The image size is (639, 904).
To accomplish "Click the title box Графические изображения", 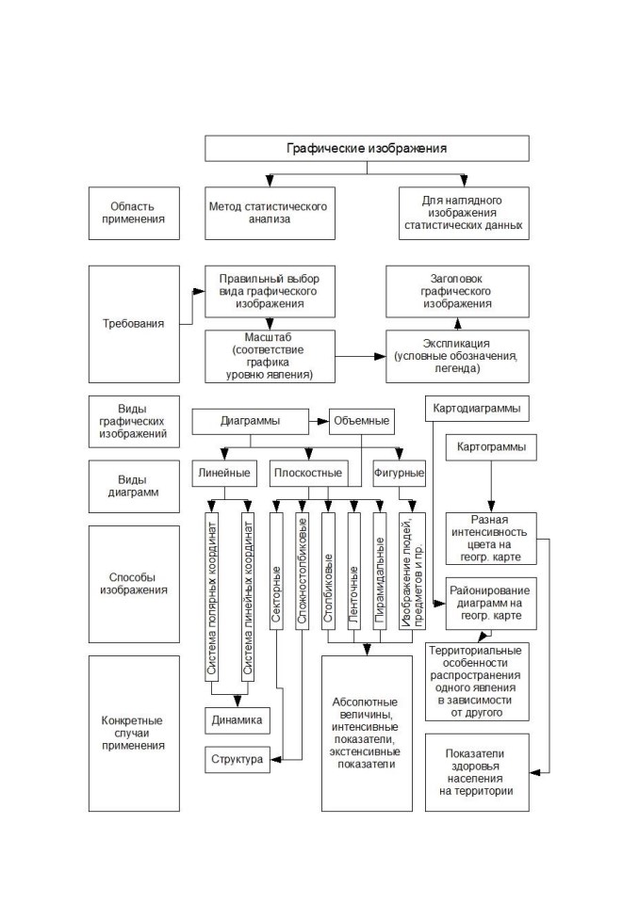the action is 367,148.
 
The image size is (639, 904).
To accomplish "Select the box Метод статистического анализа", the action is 270,213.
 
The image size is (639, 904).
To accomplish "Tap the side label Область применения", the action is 134,213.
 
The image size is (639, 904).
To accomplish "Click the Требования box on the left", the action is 134,323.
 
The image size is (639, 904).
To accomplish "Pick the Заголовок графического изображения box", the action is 457,291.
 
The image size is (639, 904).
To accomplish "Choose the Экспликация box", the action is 457,356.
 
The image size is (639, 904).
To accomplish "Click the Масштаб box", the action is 270,356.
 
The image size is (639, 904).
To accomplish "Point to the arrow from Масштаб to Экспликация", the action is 361,356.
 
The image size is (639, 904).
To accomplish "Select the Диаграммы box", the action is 250,422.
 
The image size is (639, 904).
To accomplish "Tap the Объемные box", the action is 361,422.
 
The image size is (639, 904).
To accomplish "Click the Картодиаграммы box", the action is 477,409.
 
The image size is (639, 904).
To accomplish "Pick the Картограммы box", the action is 491,447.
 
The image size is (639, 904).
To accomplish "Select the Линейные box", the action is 224,474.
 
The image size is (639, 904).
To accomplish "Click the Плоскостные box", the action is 308,474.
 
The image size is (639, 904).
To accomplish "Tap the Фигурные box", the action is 399,474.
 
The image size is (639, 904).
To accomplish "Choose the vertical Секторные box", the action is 276,571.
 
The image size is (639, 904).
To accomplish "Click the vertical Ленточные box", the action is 354,571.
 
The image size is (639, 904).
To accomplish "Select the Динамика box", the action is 238,720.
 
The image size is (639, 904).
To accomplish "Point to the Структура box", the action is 238,759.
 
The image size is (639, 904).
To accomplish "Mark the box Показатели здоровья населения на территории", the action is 477,772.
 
